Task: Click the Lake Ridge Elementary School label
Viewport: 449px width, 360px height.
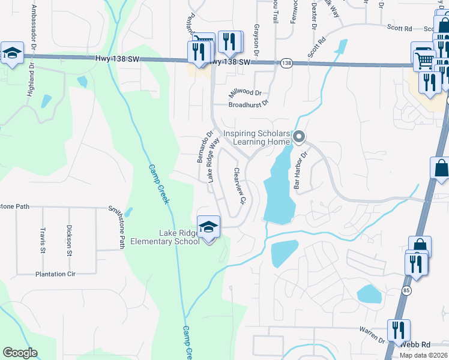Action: (x=179, y=237)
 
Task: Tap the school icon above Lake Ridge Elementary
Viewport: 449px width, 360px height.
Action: (x=208, y=226)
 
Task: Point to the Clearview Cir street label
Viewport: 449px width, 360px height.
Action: (x=240, y=187)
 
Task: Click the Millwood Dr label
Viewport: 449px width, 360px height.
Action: (x=246, y=93)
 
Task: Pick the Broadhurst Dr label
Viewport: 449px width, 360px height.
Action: (x=248, y=104)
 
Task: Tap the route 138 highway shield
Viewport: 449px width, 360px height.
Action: (x=286, y=62)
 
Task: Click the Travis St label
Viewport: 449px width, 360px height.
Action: (x=43, y=238)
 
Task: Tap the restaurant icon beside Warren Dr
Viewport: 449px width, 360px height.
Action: (x=398, y=331)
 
